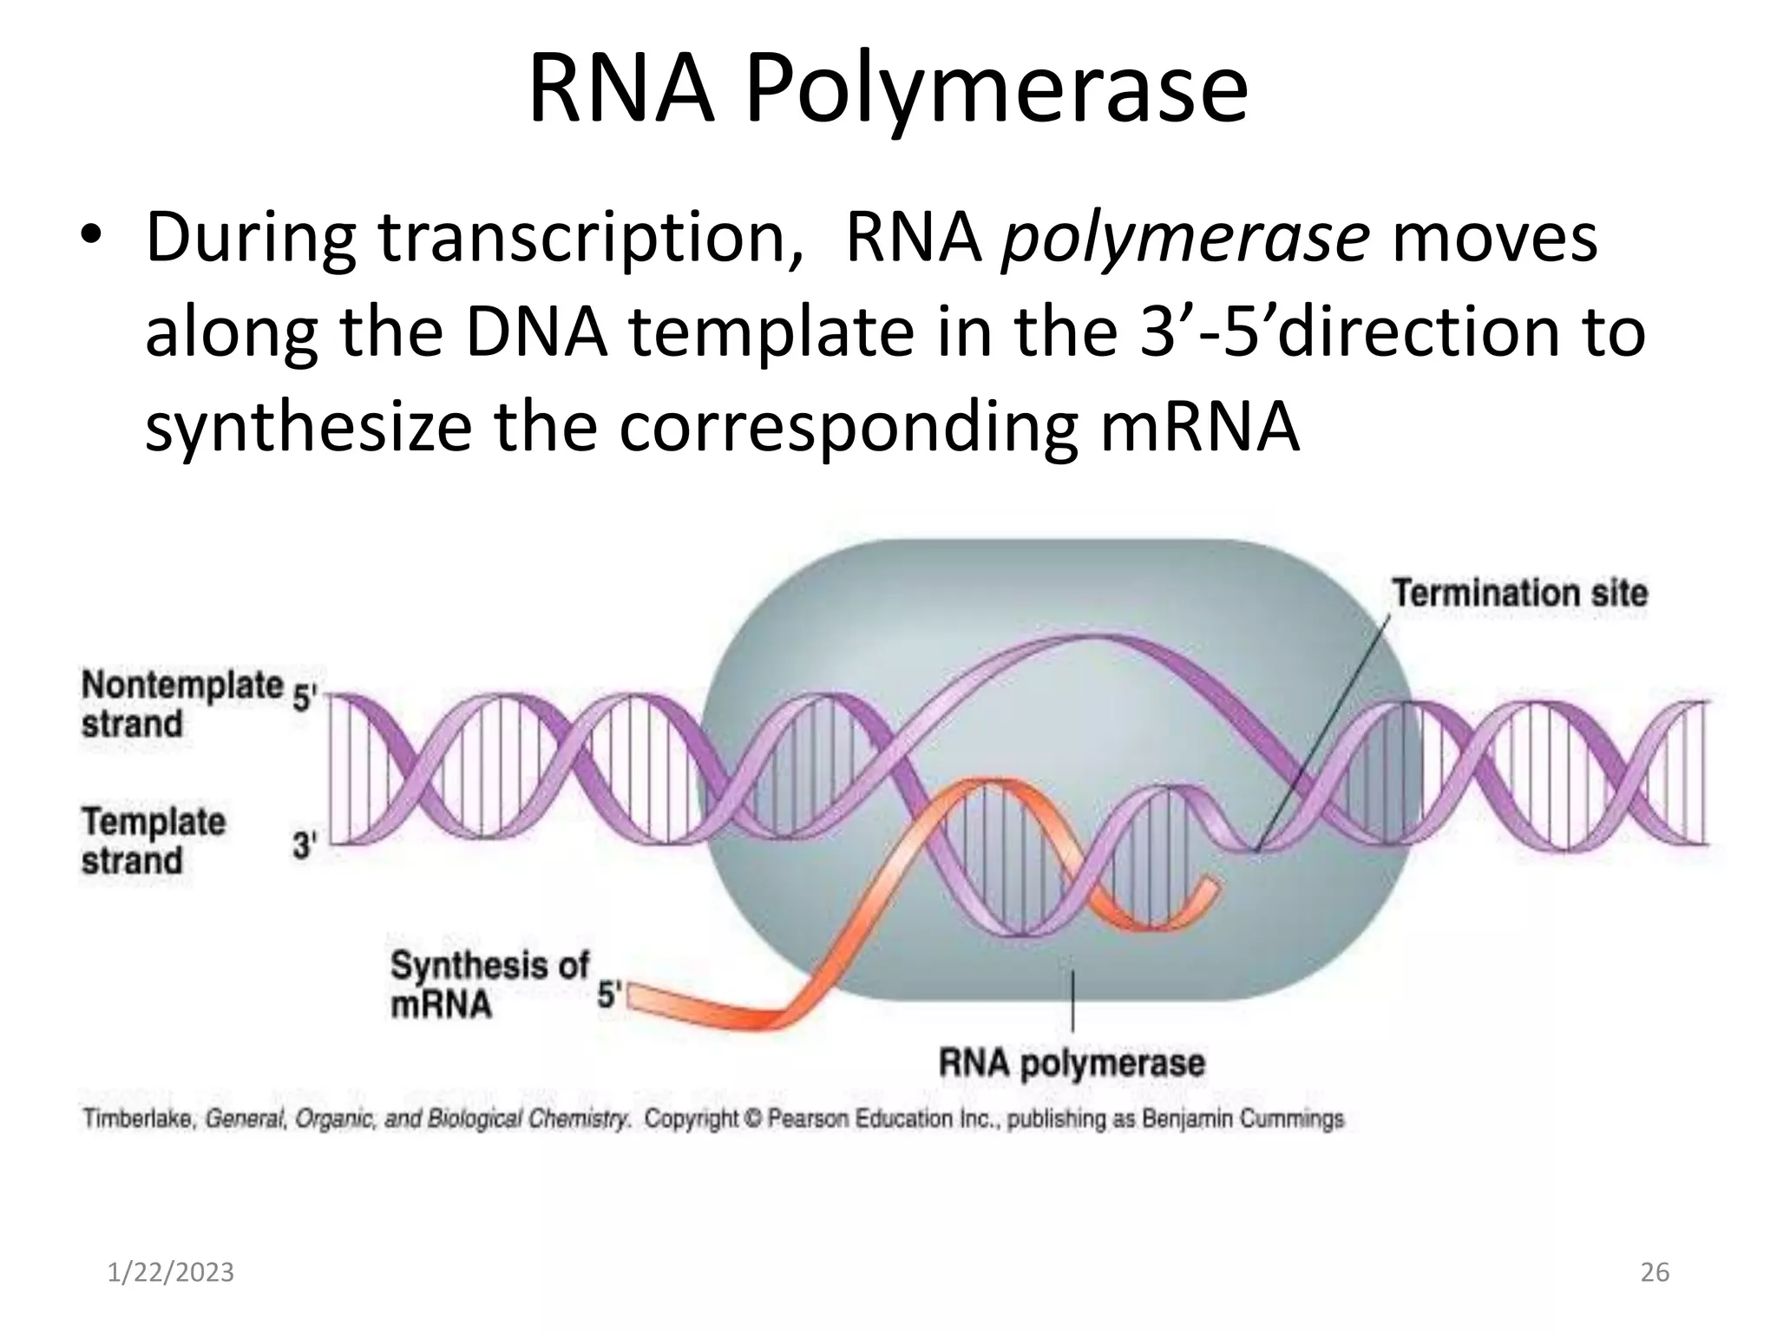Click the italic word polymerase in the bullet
1185,238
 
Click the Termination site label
1519,594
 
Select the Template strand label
153,841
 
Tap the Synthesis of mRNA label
489,984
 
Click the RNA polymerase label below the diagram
1072,1062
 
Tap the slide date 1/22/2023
171,1272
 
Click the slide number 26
1655,1272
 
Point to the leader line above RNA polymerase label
1073,1002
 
